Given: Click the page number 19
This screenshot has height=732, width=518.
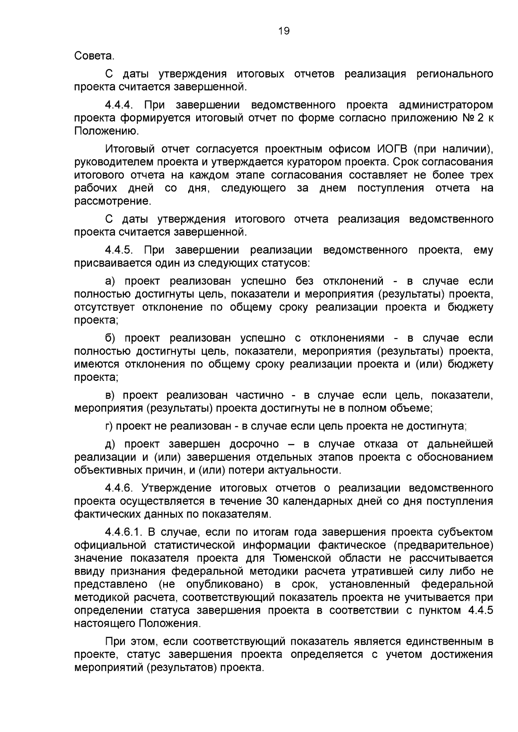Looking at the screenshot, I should pos(284,31).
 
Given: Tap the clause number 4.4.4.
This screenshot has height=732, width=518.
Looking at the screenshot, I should pos(120,105).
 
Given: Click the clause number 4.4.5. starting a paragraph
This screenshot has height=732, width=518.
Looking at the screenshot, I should pos(120,250).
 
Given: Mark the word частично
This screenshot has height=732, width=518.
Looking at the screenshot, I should pos(259,395).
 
